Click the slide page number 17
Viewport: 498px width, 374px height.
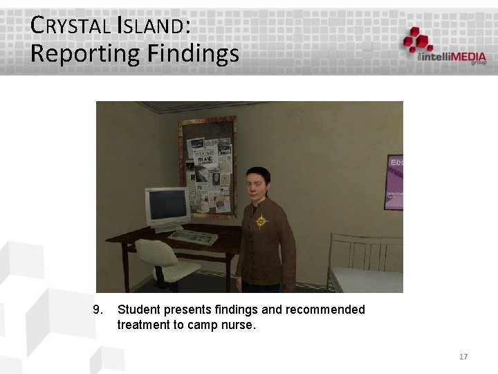pyautogui.click(x=463, y=357)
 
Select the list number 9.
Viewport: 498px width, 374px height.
pyautogui.click(x=98, y=310)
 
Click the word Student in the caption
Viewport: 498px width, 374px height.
pyautogui.click(x=139, y=310)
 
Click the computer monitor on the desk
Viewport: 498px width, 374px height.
pyautogui.click(x=167, y=207)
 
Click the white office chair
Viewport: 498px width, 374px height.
pyautogui.click(x=163, y=260)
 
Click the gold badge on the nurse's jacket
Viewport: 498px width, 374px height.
pyautogui.click(x=261, y=222)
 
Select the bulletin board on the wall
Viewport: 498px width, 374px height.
pyautogui.click(x=207, y=167)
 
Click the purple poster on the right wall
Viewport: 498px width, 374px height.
pyautogui.click(x=394, y=181)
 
